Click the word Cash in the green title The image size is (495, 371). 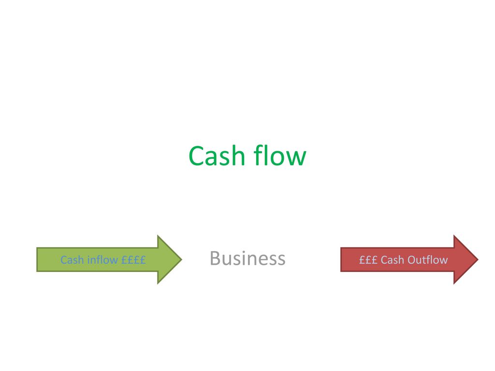coord(217,156)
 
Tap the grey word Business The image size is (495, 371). coord(247,258)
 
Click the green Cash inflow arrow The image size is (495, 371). coord(109,259)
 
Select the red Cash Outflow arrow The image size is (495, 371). coord(409,259)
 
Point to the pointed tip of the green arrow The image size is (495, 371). coord(182,259)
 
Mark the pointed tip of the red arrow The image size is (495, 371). coord(478,259)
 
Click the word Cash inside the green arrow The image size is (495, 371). coord(73,260)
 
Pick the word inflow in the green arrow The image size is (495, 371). coord(102,259)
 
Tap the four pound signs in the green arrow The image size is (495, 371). coord(133,260)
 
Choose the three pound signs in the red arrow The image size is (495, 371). coord(368,260)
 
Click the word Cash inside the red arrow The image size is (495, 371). coord(393,260)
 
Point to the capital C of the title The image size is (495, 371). coord(196,156)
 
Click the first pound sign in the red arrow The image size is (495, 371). coord(362,260)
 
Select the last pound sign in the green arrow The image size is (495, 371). coord(143,260)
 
